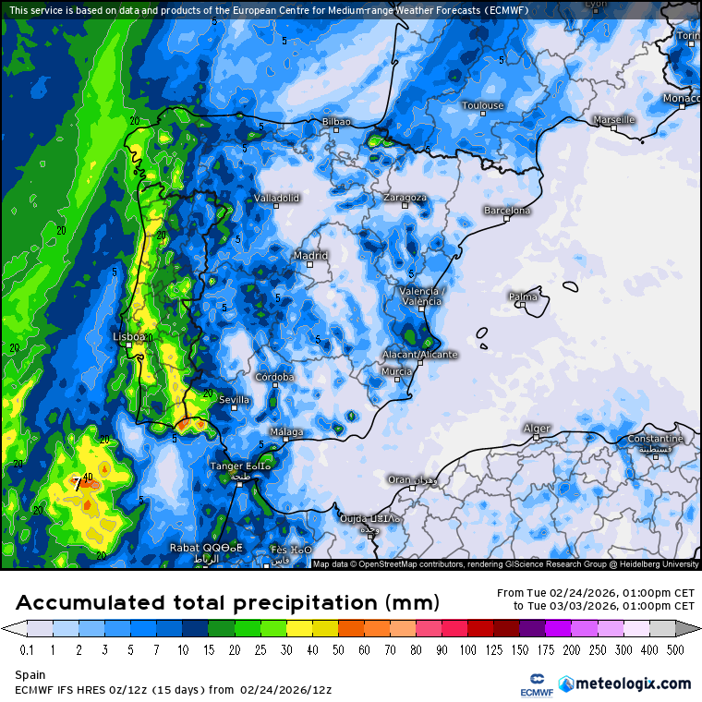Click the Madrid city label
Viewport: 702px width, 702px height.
pos(310,256)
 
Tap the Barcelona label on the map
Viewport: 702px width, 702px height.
pos(507,211)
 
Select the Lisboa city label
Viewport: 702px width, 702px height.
pos(127,337)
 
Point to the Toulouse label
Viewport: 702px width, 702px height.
pos(482,105)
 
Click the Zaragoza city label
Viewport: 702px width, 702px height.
pos(405,198)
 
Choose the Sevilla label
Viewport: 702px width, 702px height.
pos(235,400)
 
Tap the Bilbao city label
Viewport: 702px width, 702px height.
pos(336,122)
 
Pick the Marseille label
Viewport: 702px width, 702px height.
pos(614,120)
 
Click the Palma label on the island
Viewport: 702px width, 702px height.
pos(523,297)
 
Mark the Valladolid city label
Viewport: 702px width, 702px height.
pos(276,198)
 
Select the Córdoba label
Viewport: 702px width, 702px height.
pos(274,377)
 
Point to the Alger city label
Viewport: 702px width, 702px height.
pos(537,428)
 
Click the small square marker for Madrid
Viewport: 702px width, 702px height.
pos(310,265)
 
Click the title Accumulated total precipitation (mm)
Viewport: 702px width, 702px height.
pos(227,603)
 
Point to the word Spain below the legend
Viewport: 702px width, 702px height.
pos(30,675)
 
